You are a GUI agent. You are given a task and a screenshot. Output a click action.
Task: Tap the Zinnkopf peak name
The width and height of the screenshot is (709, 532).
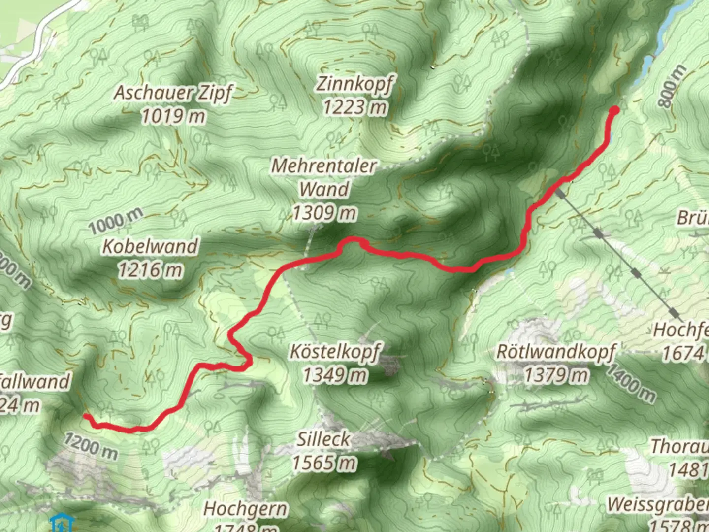(355, 84)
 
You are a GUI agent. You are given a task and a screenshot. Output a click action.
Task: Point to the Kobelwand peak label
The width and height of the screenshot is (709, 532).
(150, 246)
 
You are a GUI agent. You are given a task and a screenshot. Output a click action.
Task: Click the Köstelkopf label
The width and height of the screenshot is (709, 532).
(335, 352)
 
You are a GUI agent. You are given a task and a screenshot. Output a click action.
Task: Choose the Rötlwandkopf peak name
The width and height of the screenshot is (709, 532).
(556, 352)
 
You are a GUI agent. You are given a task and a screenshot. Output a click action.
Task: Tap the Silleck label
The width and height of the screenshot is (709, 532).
(323, 439)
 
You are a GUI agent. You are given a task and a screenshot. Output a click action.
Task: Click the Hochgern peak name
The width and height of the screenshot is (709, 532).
(246, 509)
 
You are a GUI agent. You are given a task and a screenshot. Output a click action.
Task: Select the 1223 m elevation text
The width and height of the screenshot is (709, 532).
(355, 107)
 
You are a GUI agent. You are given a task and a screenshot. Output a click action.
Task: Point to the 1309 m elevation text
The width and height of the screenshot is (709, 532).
(324, 213)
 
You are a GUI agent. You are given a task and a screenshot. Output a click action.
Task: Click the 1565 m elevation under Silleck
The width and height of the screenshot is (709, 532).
(324, 463)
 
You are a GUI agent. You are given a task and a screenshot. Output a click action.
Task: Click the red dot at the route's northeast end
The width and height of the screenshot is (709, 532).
(614, 110)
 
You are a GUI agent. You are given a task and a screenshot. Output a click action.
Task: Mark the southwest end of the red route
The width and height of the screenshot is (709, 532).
(86, 417)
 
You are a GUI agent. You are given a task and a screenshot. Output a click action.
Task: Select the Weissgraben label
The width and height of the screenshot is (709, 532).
(658, 505)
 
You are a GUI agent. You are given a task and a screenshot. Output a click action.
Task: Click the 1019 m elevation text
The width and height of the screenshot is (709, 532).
(173, 116)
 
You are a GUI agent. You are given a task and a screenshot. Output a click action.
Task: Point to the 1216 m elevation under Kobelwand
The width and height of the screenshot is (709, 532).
(150, 269)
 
